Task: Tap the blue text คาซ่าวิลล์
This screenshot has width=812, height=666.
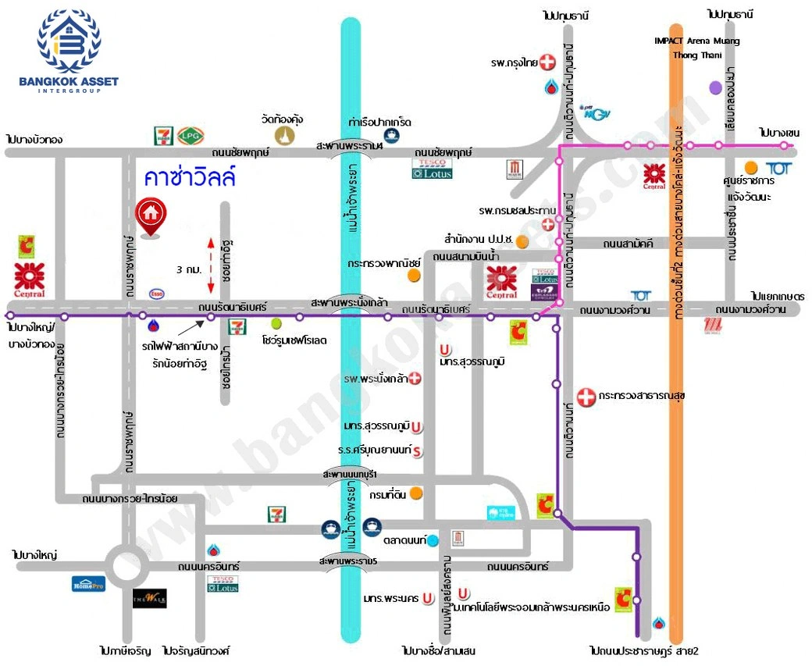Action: point(190,177)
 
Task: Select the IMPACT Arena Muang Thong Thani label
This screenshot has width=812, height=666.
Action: point(697,46)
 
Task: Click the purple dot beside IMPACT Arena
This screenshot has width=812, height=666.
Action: point(715,87)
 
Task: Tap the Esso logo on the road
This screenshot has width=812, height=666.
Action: point(157,294)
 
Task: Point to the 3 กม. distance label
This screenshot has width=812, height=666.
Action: point(190,269)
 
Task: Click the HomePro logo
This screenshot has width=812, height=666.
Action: point(87,583)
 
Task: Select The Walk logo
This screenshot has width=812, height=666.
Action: point(149,599)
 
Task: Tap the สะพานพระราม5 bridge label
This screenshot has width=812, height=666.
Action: point(347,561)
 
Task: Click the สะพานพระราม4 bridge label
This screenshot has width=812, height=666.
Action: point(349,146)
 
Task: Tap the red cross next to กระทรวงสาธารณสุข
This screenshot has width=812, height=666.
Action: point(586,396)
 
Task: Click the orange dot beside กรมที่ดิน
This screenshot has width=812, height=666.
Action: point(417,493)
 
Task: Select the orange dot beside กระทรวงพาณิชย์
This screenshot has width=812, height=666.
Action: point(414,275)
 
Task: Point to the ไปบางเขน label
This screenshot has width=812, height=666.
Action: point(779,133)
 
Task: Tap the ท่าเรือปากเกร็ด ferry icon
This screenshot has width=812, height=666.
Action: point(391,135)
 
